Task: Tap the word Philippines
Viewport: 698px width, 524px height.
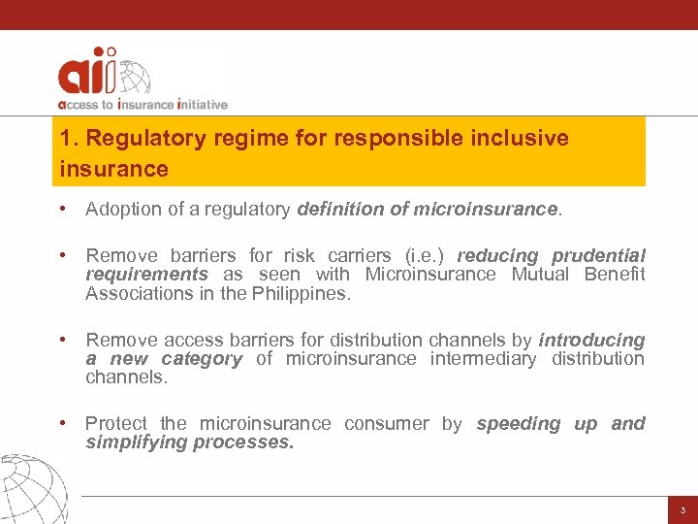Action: click(x=303, y=293)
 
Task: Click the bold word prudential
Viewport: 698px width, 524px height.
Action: click(x=598, y=255)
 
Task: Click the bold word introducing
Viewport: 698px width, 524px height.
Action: click(x=591, y=340)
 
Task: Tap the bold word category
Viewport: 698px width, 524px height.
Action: click(x=202, y=358)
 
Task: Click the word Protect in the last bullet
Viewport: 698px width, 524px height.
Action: click(x=116, y=423)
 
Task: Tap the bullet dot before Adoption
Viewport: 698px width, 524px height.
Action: click(x=61, y=209)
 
